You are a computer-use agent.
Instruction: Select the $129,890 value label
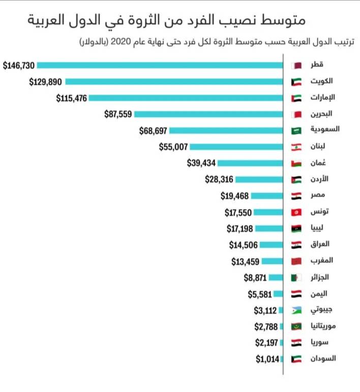click(x=46, y=81)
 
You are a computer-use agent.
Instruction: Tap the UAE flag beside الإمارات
click(x=296, y=98)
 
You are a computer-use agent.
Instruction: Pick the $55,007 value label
click(x=174, y=147)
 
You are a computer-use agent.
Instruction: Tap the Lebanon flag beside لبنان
click(x=296, y=147)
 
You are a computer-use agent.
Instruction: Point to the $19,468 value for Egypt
click(x=234, y=196)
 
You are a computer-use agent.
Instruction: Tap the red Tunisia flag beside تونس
click(x=296, y=212)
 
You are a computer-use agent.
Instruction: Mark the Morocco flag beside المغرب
click(x=296, y=261)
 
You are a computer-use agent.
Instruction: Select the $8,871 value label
click(x=255, y=278)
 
